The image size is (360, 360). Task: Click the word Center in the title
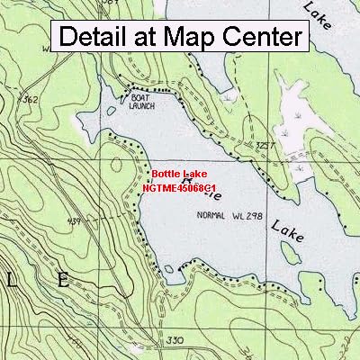(262, 37)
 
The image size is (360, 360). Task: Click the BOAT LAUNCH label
(142, 101)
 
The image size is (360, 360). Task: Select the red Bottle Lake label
(179, 173)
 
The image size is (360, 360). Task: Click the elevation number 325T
(265, 143)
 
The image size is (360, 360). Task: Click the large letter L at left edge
(10, 280)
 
